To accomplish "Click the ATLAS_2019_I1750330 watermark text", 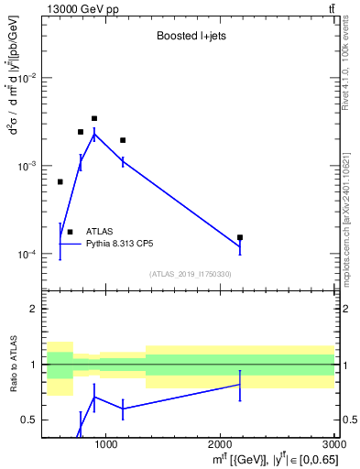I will tap(190, 274).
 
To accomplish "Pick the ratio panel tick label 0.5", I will tap(28, 420).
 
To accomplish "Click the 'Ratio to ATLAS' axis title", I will tap(13, 364).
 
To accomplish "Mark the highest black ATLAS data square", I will tap(94, 118).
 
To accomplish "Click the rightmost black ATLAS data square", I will tap(240, 237).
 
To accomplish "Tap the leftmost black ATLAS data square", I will tap(60, 181).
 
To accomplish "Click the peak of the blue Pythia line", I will tap(94, 134).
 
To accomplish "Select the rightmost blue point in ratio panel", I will tap(240, 385).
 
